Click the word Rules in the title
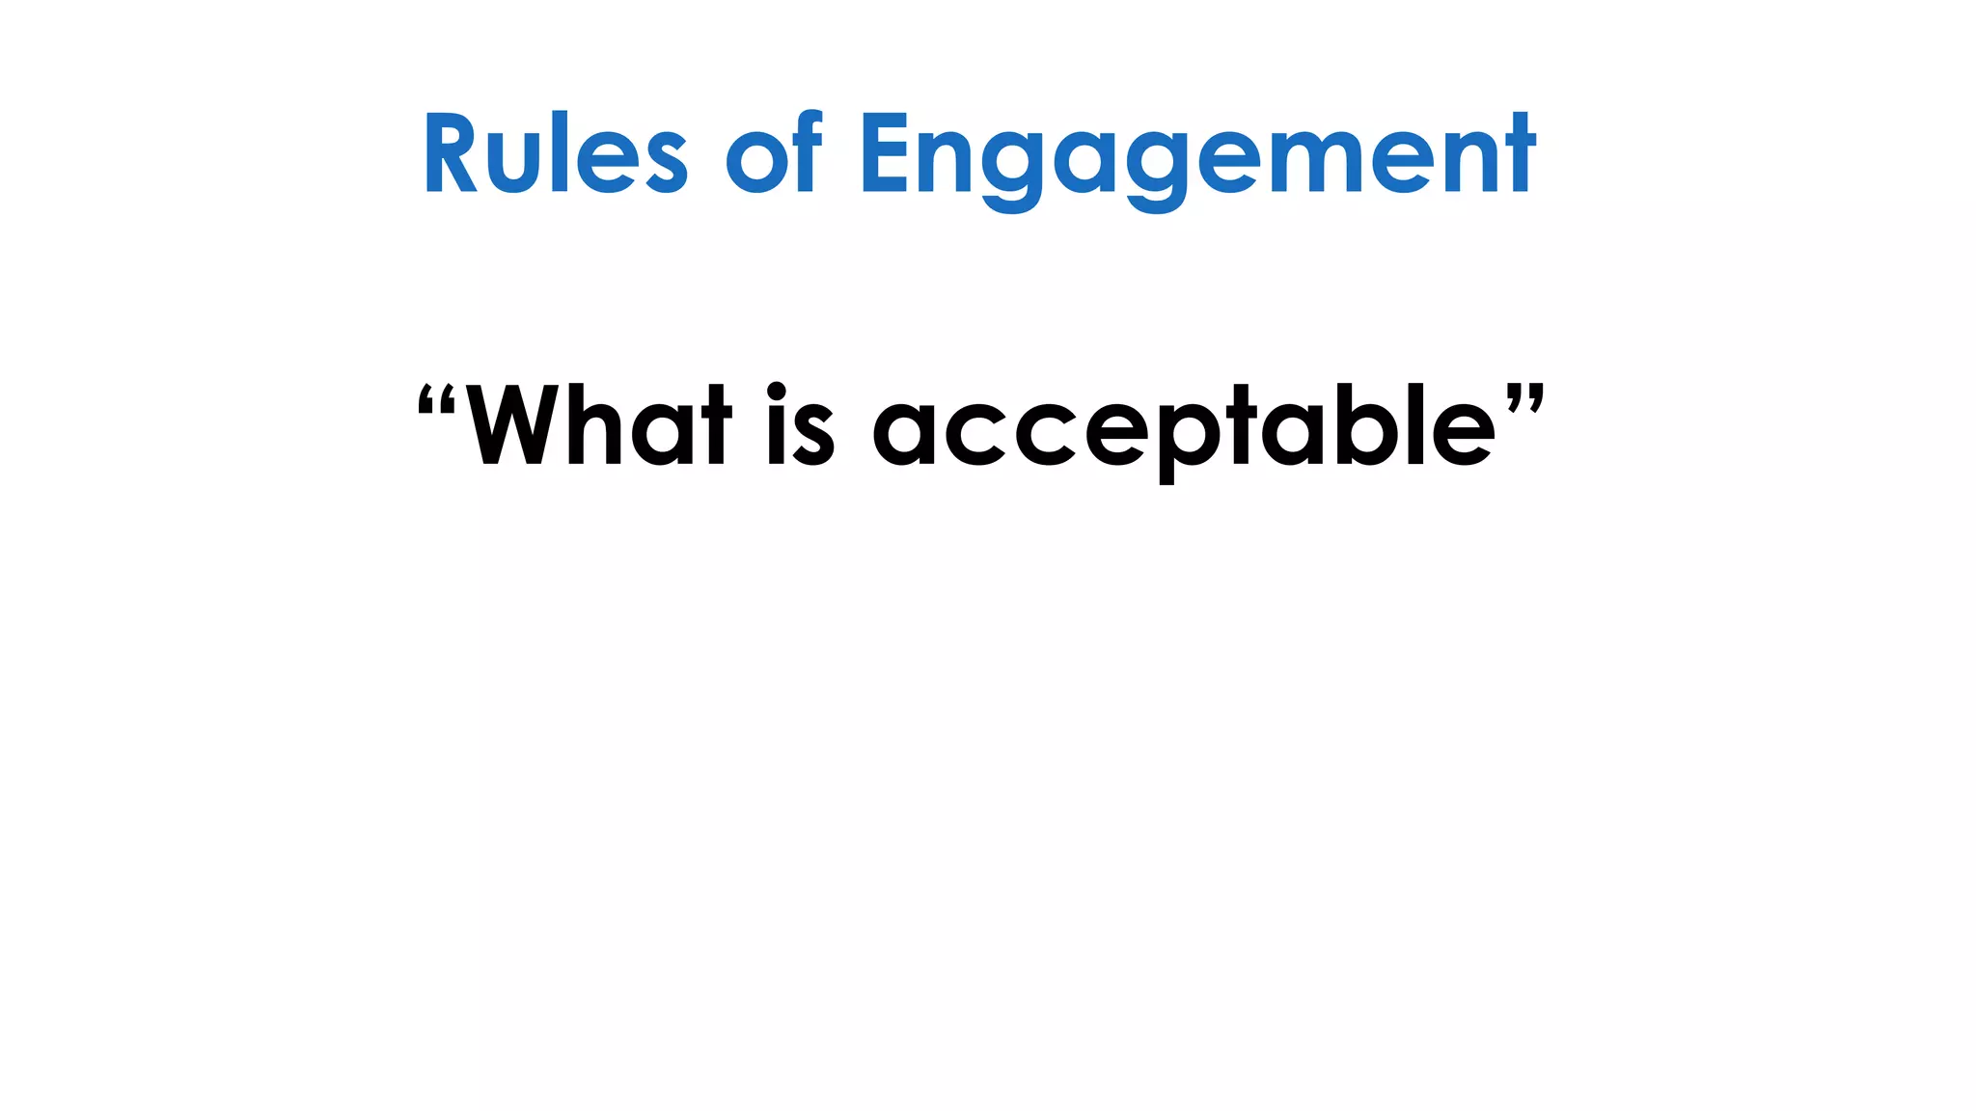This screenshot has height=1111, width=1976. click(x=555, y=154)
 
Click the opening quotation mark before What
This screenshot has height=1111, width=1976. click(x=436, y=400)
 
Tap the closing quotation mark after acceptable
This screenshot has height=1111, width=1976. click(x=1525, y=398)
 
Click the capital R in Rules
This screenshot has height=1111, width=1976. click(x=450, y=154)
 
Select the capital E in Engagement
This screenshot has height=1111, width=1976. click(x=884, y=154)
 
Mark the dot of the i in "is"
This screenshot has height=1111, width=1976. click(x=777, y=391)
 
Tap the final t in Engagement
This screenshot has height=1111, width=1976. click(x=1520, y=154)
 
